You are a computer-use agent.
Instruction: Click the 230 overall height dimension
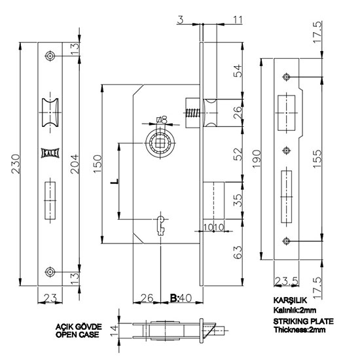(16, 164)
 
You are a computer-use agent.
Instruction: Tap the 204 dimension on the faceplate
(75, 164)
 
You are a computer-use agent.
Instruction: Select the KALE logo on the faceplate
(50, 153)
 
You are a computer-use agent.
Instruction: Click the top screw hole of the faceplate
(50, 56)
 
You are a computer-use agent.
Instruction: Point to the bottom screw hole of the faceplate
(50, 272)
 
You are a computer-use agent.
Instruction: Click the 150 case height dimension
(98, 164)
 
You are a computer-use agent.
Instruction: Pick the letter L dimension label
(115, 181)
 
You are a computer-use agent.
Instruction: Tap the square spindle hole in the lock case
(159, 143)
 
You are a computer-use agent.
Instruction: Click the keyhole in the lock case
(161, 225)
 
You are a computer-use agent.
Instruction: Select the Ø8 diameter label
(162, 120)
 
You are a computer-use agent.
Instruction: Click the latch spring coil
(192, 113)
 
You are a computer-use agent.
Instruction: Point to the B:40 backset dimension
(181, 298)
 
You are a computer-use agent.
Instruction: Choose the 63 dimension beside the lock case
(238, 252)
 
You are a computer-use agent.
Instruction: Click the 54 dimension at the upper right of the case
(238, 71)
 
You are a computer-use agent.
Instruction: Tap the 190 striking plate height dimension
(257, 159)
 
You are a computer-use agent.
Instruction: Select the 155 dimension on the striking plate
(317, 159)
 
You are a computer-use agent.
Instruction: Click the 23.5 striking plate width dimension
(287, 281)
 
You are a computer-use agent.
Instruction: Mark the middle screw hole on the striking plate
(286, 151)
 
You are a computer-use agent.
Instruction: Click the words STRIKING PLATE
(303, 321)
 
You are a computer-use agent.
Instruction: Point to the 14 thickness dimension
(114, 330)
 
